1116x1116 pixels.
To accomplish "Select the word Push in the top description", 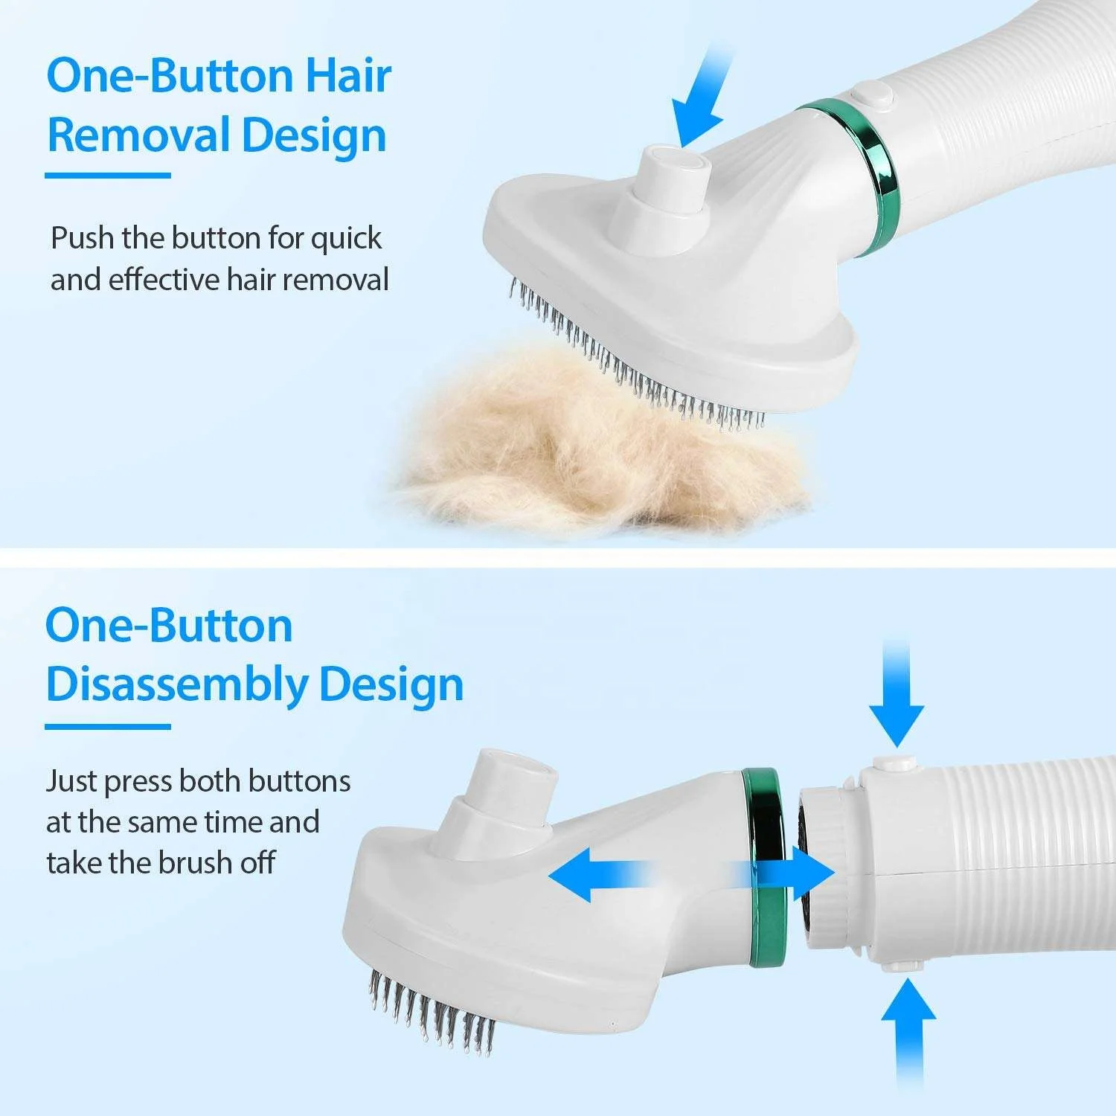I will click(82, 239).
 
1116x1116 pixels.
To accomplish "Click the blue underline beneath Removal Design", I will click(108, 176).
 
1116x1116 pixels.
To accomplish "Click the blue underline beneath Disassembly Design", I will click(108, 726).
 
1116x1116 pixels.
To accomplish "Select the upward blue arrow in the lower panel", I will click(908, 1027).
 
